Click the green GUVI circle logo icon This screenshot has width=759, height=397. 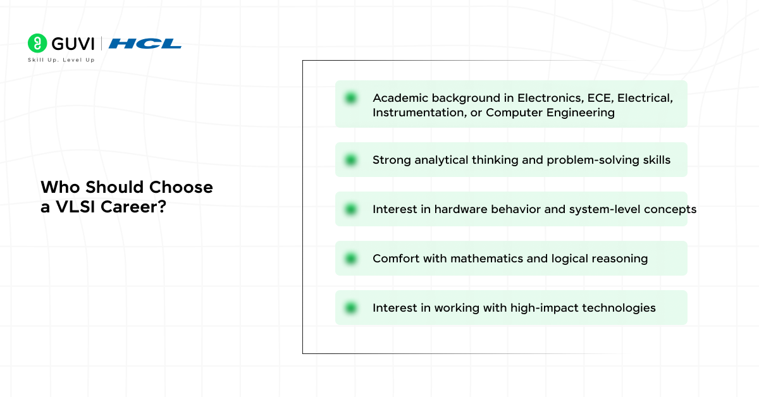click(x=37, y=43)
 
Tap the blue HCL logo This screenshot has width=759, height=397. click(x=145, y=44)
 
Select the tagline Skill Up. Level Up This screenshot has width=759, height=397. click(x=61, y=60)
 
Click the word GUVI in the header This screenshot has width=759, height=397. click(x=73, y=44)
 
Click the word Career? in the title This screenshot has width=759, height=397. click(x=133, y=207)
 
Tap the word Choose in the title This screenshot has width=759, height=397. click(x=181, y=187)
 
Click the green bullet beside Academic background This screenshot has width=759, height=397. click(x=350, y=98)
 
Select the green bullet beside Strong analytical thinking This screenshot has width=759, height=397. click(x=350, y=160)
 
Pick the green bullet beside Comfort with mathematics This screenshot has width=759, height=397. click(x=350, y=259)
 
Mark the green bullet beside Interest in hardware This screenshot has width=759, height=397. click(x=350, y=209)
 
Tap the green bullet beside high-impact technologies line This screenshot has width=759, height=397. click(x=350, y=308)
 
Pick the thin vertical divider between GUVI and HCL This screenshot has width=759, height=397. click(x=101, y=44)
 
